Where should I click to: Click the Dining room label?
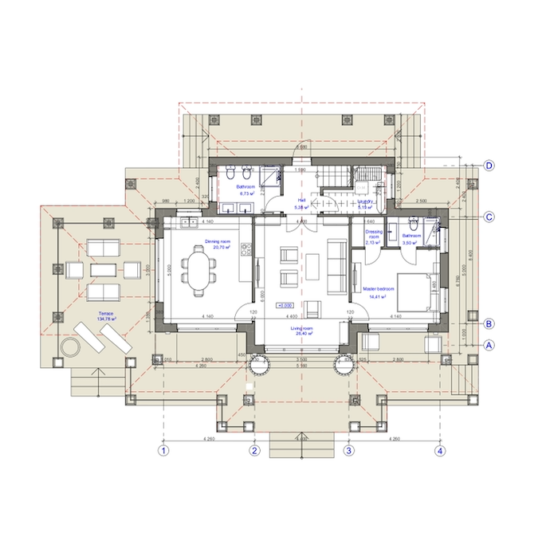coord(217,243)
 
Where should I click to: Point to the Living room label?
coord(301,331)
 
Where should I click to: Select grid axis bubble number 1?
coord(163,451)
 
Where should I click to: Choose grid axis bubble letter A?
coord(490,345)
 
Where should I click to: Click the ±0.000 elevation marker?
coord(285,304)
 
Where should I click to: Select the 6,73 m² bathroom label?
coord(246,192)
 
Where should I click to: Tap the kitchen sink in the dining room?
coord(189,223)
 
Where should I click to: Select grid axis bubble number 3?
coord(348,451)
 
